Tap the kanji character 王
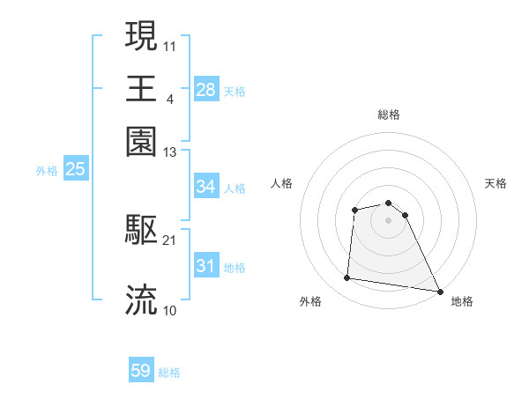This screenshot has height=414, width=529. click(141, 89)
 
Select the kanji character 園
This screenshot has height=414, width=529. click(141, 142)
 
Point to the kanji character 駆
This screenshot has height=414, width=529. click(141, 231)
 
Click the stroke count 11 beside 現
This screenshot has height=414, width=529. click(170, 45)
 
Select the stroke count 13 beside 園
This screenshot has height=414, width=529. click(170, 152)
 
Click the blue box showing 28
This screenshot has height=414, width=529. click(205, 90)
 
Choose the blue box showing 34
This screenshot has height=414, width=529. click(205, 187)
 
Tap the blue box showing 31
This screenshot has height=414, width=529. click(205, 266)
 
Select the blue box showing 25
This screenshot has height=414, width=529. click(75, 169)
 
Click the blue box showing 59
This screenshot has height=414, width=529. click(141, 371)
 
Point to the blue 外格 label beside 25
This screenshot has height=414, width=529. click(47, 171)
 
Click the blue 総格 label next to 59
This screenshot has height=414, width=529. click(169, 373)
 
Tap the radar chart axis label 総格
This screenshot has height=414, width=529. click(389, 115)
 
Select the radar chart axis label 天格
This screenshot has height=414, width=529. click(496, 183)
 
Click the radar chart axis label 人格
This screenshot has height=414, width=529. click(282, 183)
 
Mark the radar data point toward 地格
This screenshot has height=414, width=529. click(440, 291)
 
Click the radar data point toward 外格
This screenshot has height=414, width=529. click(347, 278)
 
